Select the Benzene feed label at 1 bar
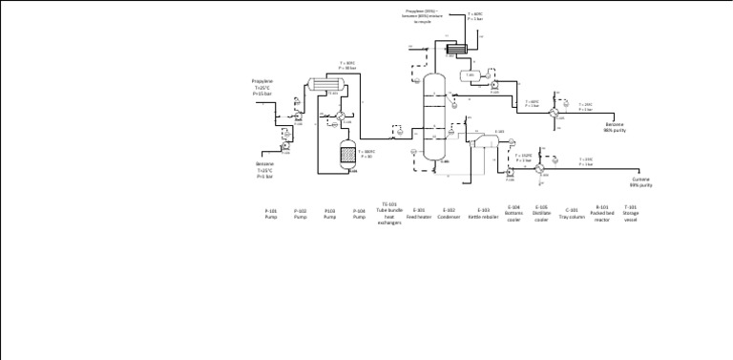tap(264, 171)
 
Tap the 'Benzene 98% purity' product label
tap(615, 126)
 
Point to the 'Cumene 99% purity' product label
tap(640, 181)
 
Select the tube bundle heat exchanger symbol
tap(325, 85)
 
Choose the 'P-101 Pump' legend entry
tap(271, 214)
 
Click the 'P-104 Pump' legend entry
tap(359, 214)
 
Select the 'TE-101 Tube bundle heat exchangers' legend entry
tap(388, 213)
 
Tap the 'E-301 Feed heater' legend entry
tap(419, 213)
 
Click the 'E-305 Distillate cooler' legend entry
tap(541, 213)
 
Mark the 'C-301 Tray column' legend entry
tap(572, 213)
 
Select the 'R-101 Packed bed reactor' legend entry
tap(601, 213)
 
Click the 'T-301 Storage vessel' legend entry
tap(630, 213)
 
